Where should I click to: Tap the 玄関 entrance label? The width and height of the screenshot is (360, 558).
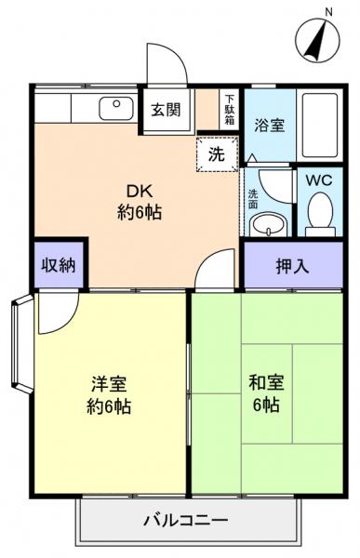coord(168,108)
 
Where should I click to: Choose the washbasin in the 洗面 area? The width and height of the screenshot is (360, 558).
coord(271,223)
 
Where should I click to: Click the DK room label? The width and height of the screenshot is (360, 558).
coord(139,203)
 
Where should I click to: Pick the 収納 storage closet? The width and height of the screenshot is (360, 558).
coord(59,265)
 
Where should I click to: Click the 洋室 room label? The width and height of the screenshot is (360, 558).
coord(110,393)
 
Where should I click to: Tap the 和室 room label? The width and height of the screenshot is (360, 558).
coord(265,393)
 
